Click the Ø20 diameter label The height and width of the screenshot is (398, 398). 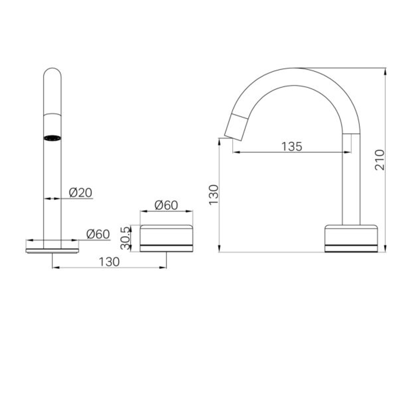[x=80, y=192]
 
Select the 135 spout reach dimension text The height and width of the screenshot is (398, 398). [x=291, y=146]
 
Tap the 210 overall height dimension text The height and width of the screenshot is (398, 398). [x=380, y=160]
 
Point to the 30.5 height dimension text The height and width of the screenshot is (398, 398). [x=126, y=238]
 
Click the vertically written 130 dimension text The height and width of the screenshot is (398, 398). [x=214, y=195]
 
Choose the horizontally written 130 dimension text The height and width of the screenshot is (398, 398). [x=109, y=262]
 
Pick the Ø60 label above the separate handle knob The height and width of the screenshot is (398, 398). [x=166, y=205]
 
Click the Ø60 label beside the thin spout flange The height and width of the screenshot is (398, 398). [x=98, y=234]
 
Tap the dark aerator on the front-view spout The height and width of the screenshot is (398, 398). [x=52, y=138]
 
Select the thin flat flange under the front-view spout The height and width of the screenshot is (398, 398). [x=52, y=251]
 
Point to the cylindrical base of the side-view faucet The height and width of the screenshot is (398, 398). [x=351, y=238]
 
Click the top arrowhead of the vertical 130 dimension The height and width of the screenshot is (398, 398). [x=220, y=141]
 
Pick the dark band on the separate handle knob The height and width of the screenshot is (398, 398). [x=166, y=245]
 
